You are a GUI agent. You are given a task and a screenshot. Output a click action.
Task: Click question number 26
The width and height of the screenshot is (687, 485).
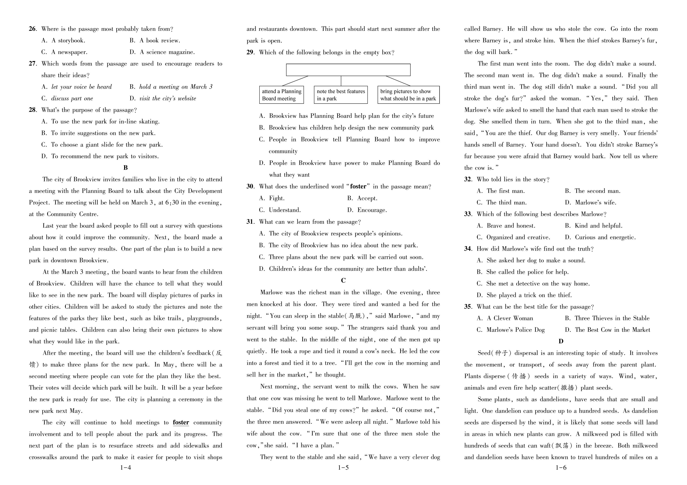[32, 29]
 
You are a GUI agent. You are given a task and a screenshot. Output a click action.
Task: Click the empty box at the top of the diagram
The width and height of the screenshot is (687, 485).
[348, 70]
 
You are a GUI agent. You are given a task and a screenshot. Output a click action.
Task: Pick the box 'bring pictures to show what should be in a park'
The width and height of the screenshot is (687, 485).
[408, 95]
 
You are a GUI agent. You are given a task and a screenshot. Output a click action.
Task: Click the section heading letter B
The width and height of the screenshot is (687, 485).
[126, 168]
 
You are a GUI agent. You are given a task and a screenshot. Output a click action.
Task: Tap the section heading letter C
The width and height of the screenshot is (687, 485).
[343, 281]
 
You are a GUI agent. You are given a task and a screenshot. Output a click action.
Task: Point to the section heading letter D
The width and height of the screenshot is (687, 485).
[561, 341]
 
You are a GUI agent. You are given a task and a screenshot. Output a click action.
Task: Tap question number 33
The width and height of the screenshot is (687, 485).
[468, 214]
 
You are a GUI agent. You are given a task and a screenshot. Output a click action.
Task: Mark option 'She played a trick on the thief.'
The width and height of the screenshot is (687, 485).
[524, 295]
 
